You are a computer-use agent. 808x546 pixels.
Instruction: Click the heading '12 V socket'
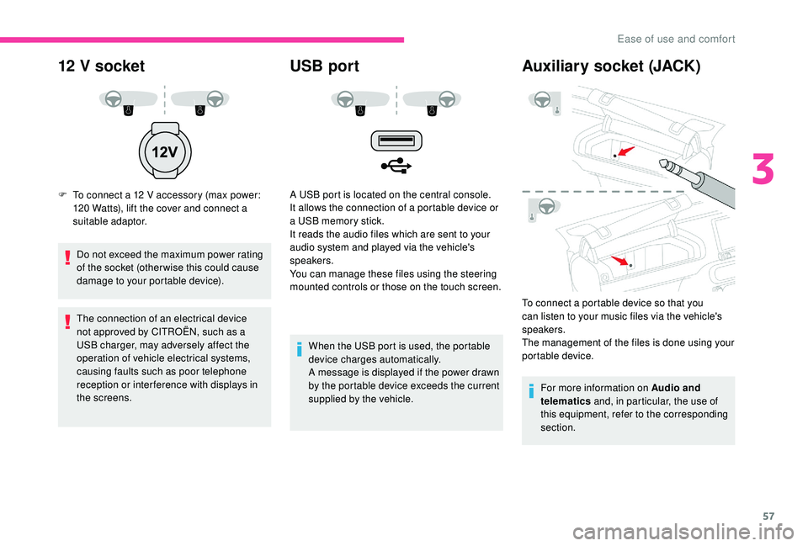pyautogui.click(x=101, y=66)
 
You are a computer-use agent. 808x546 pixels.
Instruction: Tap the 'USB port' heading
pyautogui.click(x=324, y=66)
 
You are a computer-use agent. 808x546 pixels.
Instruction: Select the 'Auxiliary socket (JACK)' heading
pyautogui.click(x=611, y=66)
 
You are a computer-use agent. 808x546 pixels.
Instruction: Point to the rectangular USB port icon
pyautogui.click(x=393, y=140)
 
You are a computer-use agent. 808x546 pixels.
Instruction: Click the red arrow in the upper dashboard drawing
pyautogui.click(x=625, y=151)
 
